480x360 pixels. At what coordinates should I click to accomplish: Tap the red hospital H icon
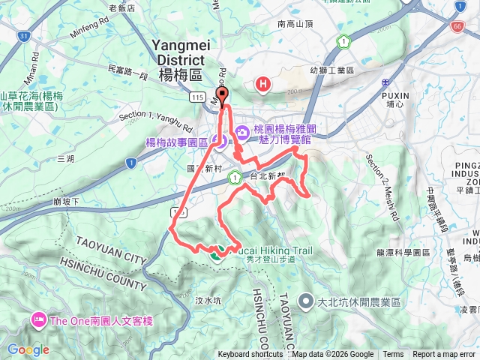pos(262,84)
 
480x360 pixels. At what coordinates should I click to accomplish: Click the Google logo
pos(28,349)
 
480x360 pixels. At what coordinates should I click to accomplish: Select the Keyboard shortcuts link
pos(250,355)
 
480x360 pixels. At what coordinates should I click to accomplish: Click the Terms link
pos(393,355)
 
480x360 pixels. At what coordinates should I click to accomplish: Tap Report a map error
pos(444,355)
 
